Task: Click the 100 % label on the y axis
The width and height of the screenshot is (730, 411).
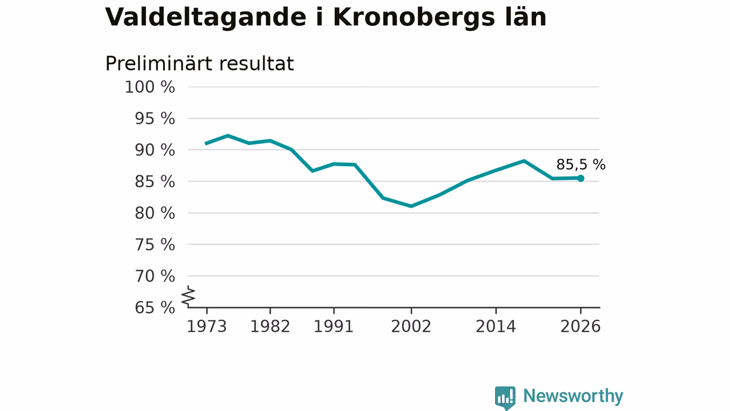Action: tap(150, 87)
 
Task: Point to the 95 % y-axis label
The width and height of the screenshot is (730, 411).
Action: tap(155, 119)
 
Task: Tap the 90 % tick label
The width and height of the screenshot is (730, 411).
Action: tap(155, 150)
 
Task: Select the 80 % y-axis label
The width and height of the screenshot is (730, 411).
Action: tap(155, 213)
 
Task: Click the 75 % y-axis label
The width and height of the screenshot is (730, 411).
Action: tap(155, 245)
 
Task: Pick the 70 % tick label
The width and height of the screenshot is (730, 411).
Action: tap(155, 276)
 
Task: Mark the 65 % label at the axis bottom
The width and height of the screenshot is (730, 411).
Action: tap(155, 308)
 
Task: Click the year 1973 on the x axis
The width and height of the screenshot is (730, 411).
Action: tap(206, 327)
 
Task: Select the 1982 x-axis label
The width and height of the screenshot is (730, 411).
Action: tap(270, 327)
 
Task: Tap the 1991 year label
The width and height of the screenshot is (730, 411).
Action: tap(334, 327)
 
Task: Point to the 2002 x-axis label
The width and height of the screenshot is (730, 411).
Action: tap(411, 327)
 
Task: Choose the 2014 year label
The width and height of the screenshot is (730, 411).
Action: tap(496, 327)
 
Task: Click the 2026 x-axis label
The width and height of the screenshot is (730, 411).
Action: tap(580, 327)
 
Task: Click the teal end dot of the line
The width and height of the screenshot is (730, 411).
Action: tap(581, 179)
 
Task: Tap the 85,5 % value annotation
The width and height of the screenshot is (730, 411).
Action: tap(581, 165)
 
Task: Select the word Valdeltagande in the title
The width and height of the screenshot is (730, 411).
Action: tap(206, 17)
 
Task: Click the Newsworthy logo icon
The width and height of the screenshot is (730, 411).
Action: tap(505, 397)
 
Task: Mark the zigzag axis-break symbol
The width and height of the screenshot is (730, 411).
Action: tap(188, 296)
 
